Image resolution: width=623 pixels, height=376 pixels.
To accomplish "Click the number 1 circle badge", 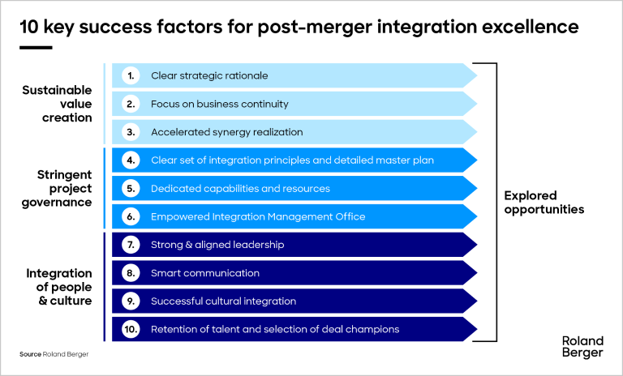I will tap(131, 75).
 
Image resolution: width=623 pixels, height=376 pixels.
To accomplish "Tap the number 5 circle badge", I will tap(131, 188).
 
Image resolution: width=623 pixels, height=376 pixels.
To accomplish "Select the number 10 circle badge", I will tap(131, 329).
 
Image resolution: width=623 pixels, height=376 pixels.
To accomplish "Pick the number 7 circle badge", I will tap(131, 245).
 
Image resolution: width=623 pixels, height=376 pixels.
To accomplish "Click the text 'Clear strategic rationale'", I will tap(209, 75).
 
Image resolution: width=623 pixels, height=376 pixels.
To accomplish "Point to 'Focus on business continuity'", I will tap(219, 104).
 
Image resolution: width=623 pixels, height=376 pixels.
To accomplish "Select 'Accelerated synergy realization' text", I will tap(226, 132).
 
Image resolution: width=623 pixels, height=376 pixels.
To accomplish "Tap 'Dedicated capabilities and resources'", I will tap(240, 188).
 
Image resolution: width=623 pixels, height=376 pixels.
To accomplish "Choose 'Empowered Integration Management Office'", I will tap(258, 216).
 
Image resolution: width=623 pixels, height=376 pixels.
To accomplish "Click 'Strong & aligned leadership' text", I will tap(217, 245).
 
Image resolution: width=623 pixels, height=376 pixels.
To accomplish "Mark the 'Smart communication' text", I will tap(205, 273).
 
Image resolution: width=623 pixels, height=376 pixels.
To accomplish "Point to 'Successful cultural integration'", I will tap(223, 301).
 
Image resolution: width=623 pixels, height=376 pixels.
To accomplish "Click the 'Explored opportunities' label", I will tap(544, 202).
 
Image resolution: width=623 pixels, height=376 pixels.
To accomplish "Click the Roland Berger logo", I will tap(582, 346).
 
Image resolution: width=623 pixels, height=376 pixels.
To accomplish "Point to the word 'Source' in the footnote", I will tap(30, 355).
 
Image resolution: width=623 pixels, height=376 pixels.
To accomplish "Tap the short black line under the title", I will tap(35, 47).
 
